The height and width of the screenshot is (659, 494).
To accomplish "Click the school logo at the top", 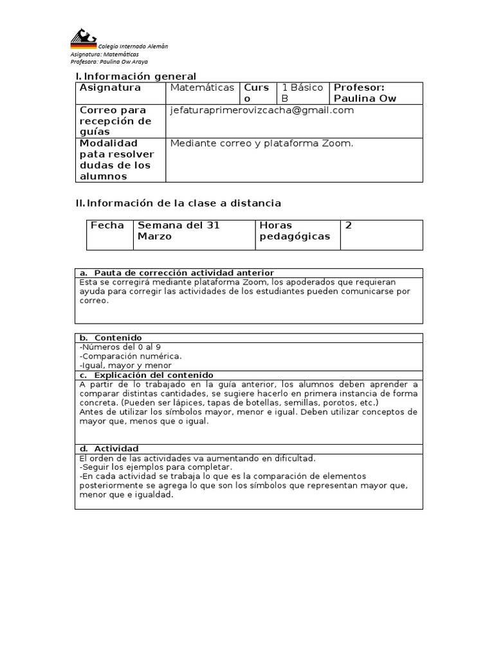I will coord(84,39).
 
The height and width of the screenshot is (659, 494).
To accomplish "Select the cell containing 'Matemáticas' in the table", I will coord(202,88).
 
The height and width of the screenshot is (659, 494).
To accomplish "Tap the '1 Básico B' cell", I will coord(302,93).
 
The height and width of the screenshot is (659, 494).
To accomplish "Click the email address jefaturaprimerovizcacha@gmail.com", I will coord(262,110).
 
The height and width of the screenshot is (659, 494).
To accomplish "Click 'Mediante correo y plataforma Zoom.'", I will coord(262,144).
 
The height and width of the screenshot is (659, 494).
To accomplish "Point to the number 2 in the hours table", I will coord(349,225).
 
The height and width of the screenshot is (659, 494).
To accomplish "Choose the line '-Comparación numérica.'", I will coord(131,356).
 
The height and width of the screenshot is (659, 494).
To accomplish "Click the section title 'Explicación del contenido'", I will coord(153,375).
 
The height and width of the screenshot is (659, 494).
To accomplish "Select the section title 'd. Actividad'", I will coord(109,449).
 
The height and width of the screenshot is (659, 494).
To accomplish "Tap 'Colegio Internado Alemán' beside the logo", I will coord(133,46).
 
